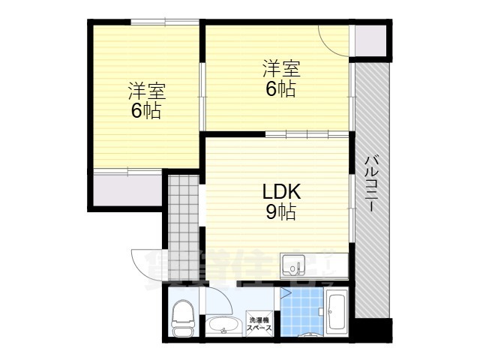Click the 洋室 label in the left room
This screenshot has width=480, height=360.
tap(145, 92)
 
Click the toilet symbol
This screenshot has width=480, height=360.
tap(182, 318)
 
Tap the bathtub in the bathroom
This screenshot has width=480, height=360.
tap(336, 311)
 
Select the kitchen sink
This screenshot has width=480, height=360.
tap(292, 265)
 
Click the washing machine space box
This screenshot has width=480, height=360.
tap(261, 324)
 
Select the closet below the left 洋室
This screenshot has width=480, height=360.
tap(126, 187)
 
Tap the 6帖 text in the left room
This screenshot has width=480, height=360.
tap(145, 112)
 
